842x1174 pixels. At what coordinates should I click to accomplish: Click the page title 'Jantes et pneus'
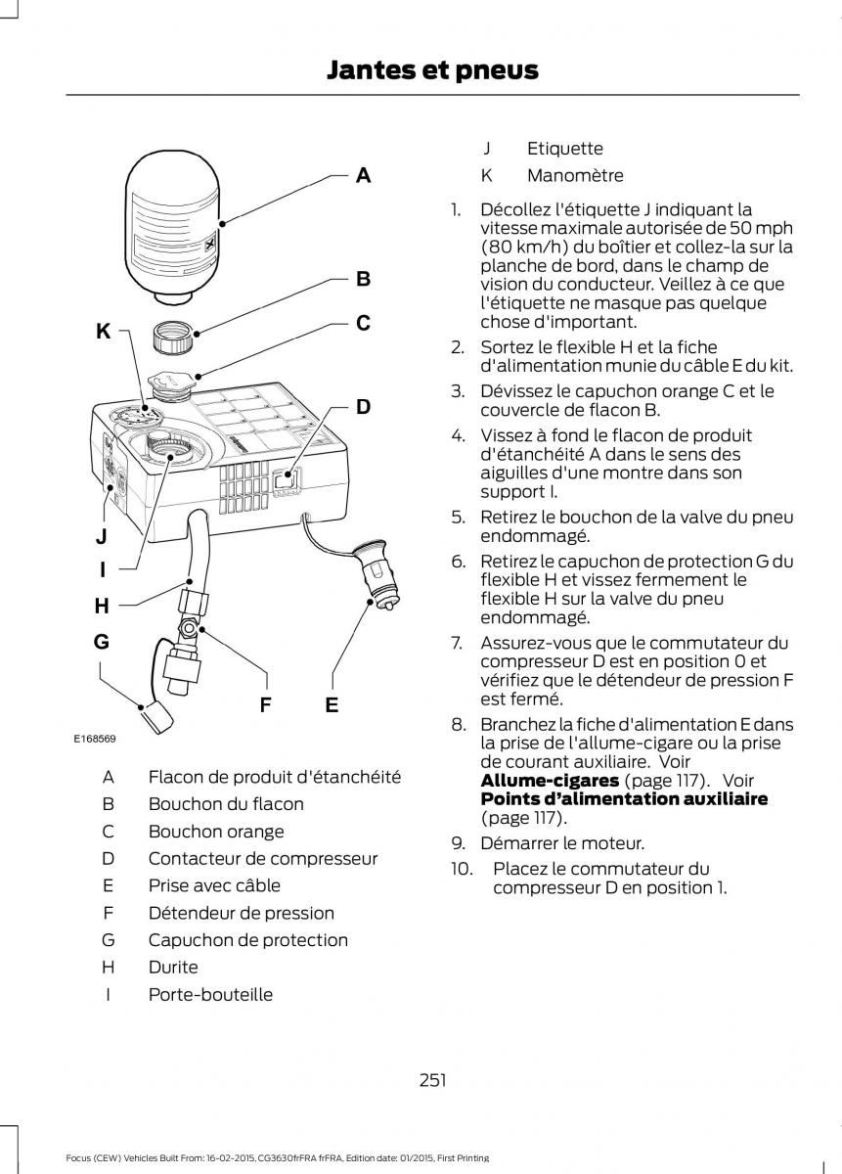433,69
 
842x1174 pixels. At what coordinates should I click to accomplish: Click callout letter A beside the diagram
363,176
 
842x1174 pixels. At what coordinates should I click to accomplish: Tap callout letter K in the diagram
103,332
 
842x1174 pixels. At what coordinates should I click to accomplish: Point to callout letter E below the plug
332,704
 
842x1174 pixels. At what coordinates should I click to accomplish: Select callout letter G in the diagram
101,643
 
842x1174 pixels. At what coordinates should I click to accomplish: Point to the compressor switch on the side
284,480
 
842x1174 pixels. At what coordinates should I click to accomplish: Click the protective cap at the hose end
155,720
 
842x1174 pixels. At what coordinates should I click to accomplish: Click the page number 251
432,1080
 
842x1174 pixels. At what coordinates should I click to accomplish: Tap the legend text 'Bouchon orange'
216,832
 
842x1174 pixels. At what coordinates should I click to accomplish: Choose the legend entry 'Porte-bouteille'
210,995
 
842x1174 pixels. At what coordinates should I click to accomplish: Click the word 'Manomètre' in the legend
575,176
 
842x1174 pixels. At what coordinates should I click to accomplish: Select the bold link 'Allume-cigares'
550,781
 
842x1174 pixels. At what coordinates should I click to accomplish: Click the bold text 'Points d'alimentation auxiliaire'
624,799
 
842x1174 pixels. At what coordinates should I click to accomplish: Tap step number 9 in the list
457,843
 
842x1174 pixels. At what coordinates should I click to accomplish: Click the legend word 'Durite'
173,968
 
